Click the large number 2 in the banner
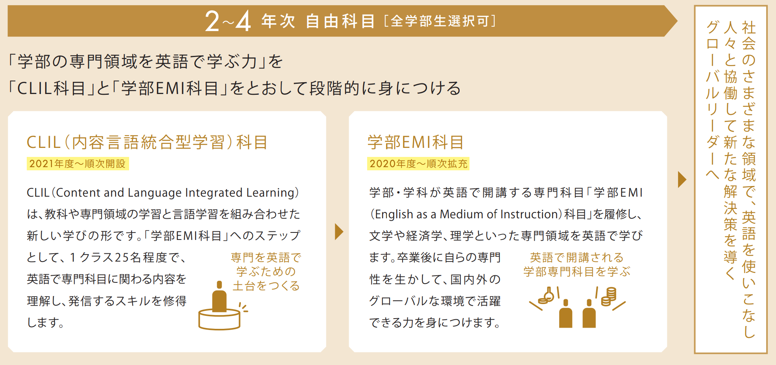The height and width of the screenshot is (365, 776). pyautogui.click(x=212, y=21)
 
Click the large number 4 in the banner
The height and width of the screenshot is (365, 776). pyautogui.click(x=243, y=21)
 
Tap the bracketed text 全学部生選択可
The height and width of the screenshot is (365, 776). pyautogui.click(x=440, y=21)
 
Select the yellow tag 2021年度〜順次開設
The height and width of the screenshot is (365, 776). pyautogui.click(x=78, y=164)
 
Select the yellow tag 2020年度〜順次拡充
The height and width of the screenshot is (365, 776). pyautogui.click(x=418, y=164)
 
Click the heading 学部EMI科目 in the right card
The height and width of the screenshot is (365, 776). pyautogui.click(x=416, y=142)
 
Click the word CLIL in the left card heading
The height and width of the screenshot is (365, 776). pyautogui.click(x=44, y=142)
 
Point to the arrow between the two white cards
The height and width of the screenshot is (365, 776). pyautogui.click(x=338, y=231)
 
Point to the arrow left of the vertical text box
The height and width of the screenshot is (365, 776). pyautogui.click(x=682, y=179)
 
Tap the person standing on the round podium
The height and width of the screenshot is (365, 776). pyautogui.click(x=219, y=297)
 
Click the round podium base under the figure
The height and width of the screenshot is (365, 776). pyautogui.click(x=219, y=319)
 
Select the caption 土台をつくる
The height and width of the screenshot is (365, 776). pyautogui.click(x=266, y=286)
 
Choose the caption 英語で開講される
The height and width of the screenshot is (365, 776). pyautogui.click(x=576, y=258)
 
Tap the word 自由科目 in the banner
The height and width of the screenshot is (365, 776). pyautogui.click(x=340, y=21)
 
